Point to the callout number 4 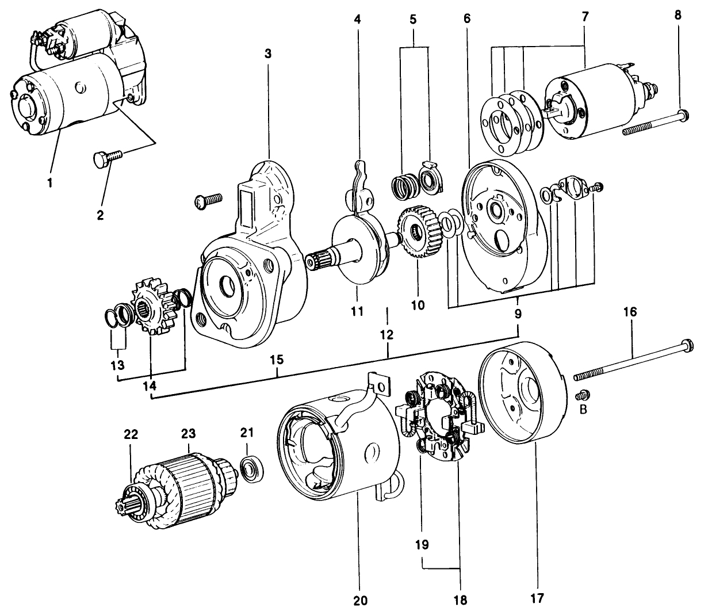point(357,19)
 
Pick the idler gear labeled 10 point(418,232)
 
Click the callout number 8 point(678,15)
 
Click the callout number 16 point(630,312)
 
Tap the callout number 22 point(132,435)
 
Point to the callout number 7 point(585,16)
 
